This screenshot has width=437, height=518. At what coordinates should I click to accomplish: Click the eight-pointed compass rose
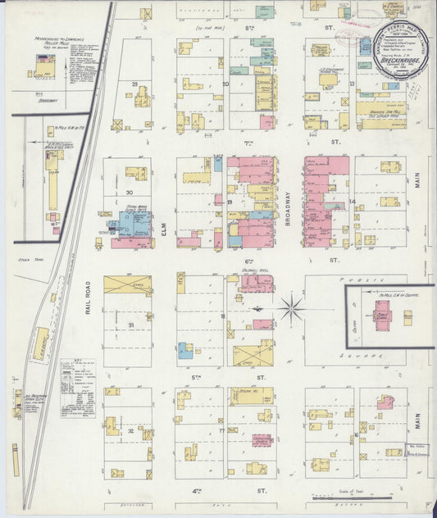click(x=290, y=308)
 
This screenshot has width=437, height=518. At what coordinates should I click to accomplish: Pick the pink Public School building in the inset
click(x=383, y=316)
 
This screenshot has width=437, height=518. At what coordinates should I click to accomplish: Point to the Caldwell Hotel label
click(x=257, y=271)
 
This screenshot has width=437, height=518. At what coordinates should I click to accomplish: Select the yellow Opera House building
click(x=251, y=396)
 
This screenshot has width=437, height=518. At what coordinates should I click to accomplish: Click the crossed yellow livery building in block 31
click(x=127, y=284)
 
